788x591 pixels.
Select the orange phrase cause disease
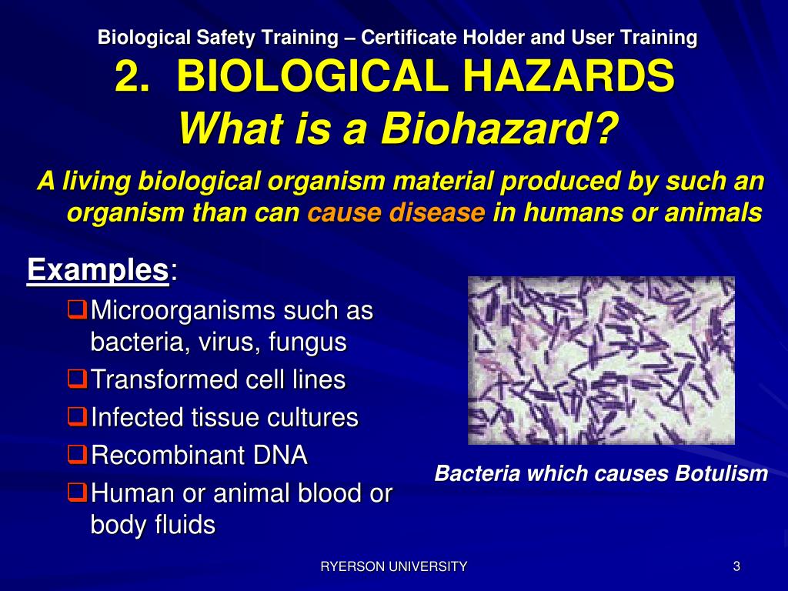pos(396,212)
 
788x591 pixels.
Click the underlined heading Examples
pos(98,270)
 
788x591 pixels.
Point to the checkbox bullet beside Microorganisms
pos(75,310)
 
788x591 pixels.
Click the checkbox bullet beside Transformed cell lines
pos(75,379)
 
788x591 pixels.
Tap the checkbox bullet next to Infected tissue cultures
pos(75,417)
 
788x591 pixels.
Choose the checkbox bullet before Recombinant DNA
pos(75,455)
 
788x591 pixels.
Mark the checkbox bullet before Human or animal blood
pos(75,492)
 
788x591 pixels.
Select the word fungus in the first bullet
pos(308,342)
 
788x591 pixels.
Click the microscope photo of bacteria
pos(601,360)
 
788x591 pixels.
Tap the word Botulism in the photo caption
pos(721,473)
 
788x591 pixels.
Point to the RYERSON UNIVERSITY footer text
pos(393,567)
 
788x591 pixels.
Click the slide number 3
pos(736,567)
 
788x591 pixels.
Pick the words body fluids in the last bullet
pos(152,525)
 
